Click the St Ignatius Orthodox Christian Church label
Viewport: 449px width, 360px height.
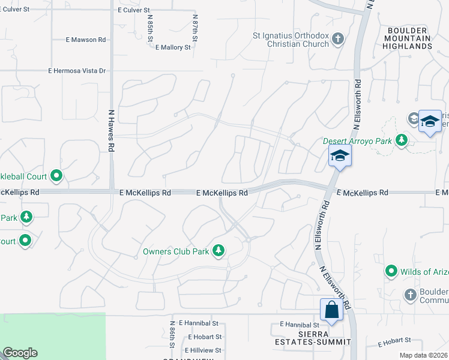[291, 40]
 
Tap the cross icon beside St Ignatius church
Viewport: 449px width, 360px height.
[338, 40]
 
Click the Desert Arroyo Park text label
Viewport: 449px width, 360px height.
[357, 141]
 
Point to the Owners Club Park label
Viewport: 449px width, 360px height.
[176, 251]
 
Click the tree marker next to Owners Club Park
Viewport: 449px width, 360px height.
[219, 251]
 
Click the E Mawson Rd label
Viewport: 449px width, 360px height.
[86, 40]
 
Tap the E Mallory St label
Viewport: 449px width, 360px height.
[173, 47]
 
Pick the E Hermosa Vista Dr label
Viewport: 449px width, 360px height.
[77, 71]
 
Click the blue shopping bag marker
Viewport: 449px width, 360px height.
[331, 310]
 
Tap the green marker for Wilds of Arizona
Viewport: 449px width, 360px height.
[391, 271]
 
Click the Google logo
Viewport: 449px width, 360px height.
[19, 353]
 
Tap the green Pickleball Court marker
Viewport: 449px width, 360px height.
[56, 176]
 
